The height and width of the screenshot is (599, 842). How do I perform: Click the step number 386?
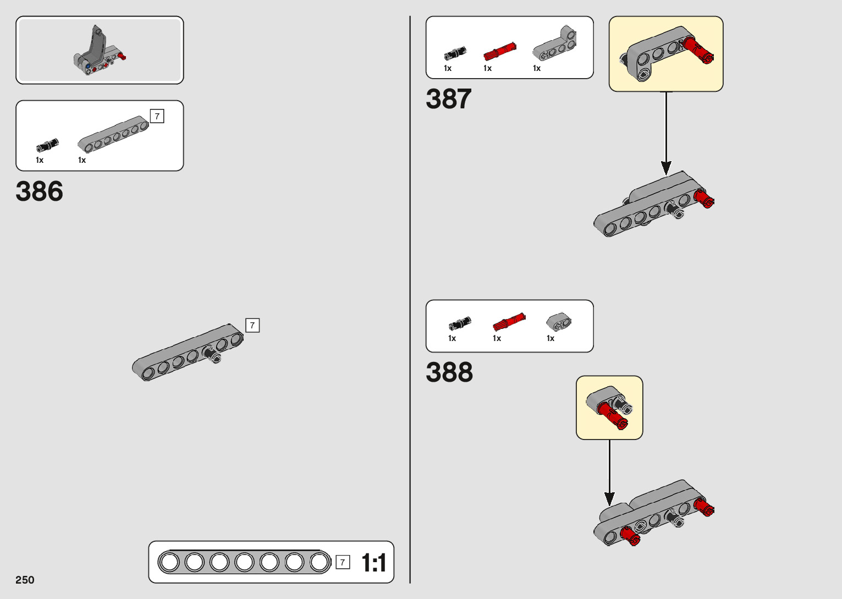pos(39,191)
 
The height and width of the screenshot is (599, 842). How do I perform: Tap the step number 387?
pos(448,100)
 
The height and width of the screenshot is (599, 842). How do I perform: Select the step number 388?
pos(449,372)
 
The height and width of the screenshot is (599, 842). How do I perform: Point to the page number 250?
pos(25,580)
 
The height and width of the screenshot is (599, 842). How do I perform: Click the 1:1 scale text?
pos(373,563)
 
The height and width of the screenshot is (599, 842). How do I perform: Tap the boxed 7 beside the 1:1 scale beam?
pos(343,562)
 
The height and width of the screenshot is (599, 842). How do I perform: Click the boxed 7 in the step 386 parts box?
pos(157,116)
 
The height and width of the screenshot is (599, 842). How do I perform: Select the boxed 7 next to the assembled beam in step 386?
pos(252,325)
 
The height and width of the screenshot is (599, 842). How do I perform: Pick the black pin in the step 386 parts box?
pos(47,145)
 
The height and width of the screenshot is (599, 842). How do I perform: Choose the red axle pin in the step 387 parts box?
pos(499,51)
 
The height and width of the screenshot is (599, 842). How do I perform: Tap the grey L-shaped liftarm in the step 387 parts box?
pos(555,45)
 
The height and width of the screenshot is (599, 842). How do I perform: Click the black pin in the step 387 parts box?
pos(455,53)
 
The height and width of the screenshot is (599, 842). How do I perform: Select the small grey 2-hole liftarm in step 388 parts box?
pos(559,322)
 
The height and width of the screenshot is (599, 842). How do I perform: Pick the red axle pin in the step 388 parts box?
pos(509,322)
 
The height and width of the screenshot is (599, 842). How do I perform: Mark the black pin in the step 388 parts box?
pos(460,323)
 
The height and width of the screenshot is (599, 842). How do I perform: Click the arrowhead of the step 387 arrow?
pos(666,168)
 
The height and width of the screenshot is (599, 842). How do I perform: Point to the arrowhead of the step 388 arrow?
pos(609,499)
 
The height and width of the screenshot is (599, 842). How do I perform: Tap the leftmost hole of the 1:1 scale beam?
pos(169,562)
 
